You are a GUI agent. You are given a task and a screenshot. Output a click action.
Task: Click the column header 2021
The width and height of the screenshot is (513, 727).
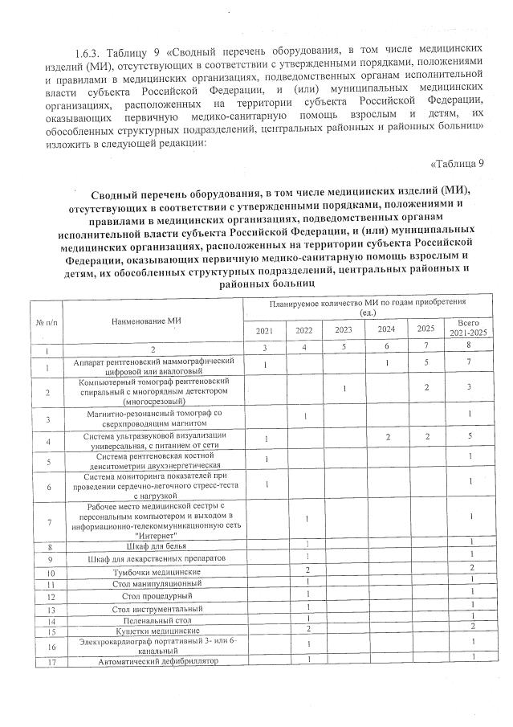click(264, 331)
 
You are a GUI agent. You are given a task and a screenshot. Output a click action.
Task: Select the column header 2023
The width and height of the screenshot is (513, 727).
click(343, 330)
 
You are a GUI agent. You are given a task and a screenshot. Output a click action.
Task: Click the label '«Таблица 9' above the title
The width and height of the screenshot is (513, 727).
click(458, 164)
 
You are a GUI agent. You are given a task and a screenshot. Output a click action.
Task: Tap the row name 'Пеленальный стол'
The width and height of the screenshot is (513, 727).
click(157, 621)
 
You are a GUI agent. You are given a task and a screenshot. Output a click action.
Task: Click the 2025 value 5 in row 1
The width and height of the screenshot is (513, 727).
click(425, 366)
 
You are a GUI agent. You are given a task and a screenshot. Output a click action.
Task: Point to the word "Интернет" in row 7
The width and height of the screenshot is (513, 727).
click(157, 534)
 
